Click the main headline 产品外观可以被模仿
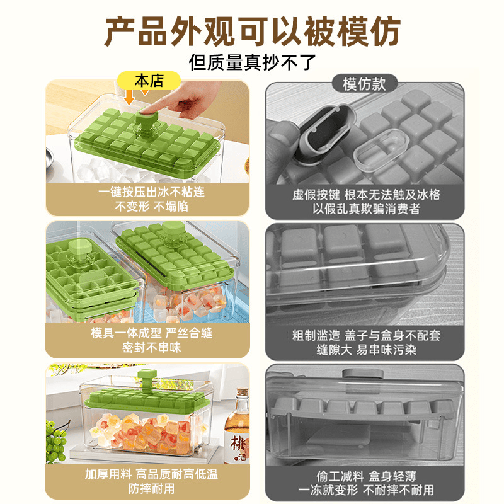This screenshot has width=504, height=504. (253, 31)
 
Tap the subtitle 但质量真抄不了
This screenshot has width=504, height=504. (253, 62)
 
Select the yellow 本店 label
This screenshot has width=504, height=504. (149, 81)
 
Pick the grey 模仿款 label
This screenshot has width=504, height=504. (364, 84)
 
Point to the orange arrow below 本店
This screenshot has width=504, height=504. (129, 97)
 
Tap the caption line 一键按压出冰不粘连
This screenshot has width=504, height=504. (151, 192)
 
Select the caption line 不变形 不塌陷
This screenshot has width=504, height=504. (151, 206)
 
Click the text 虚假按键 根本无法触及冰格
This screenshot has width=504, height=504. (366, 195)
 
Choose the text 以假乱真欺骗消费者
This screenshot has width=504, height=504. (366, 209)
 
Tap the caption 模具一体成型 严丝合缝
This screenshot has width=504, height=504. (151, 333)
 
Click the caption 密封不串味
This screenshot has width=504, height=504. (151, 347)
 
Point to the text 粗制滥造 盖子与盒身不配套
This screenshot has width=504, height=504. (366, 335)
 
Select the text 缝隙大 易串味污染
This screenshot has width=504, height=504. (366, 350)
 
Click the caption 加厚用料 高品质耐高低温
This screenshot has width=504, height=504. (151, 474)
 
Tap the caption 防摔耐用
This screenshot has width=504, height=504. (151, 488)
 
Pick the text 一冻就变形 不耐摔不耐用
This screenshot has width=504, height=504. (366, 490)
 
